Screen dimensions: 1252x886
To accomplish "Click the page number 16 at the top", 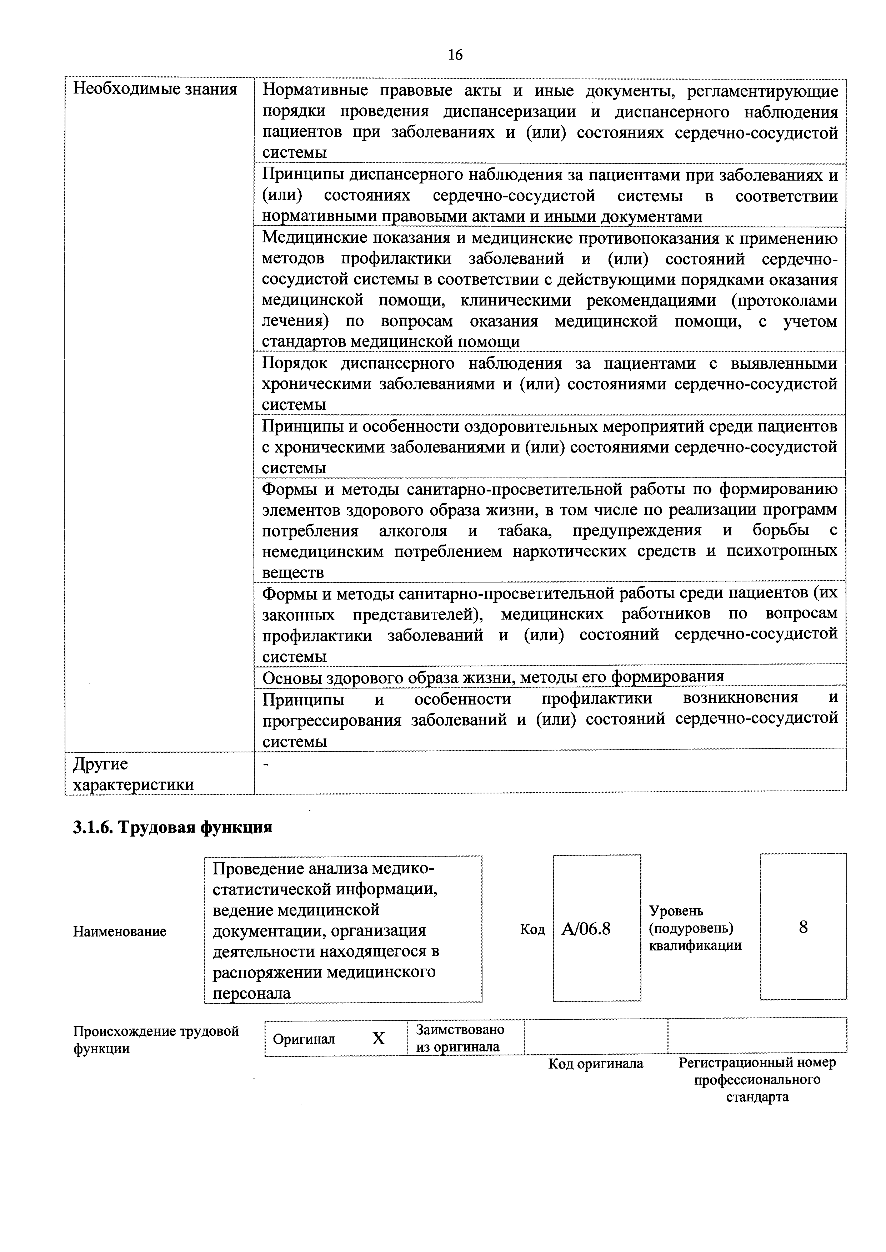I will pos(455,55).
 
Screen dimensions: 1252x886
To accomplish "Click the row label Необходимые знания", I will pos(155,90).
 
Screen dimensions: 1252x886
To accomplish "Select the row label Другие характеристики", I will pos(134,774).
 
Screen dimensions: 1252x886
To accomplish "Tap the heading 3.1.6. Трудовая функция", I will pos(172,827).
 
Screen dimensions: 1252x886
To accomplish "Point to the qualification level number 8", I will pos(803,927).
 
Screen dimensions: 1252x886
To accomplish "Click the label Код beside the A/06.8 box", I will pos(532,929).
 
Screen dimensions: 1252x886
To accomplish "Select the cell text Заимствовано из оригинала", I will pos(460,1038).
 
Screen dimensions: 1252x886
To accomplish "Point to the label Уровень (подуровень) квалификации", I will pos(695,928).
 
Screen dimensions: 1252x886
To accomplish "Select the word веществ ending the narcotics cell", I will pos(293,572).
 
